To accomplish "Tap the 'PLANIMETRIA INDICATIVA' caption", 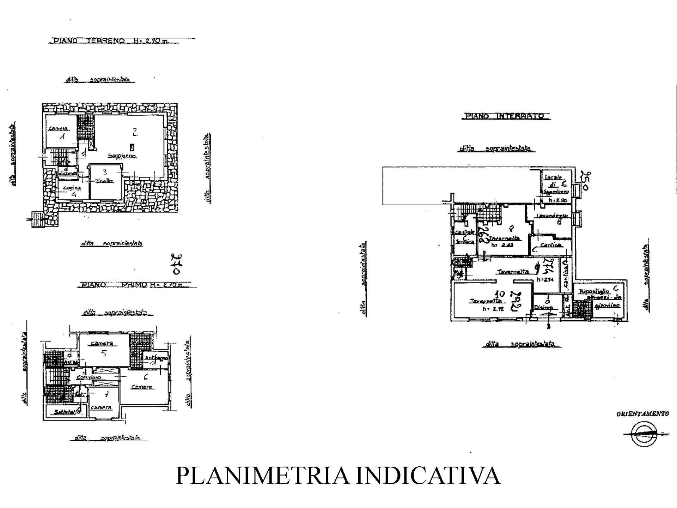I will (x=338, y=476).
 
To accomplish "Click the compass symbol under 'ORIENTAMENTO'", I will (x=642, y=434).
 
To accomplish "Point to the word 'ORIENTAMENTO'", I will (x=642, y=414).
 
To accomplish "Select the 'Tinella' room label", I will (x=104, y=181).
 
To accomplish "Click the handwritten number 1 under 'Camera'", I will (x=62, y=137).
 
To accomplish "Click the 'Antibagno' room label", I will (x=156, y=358).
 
